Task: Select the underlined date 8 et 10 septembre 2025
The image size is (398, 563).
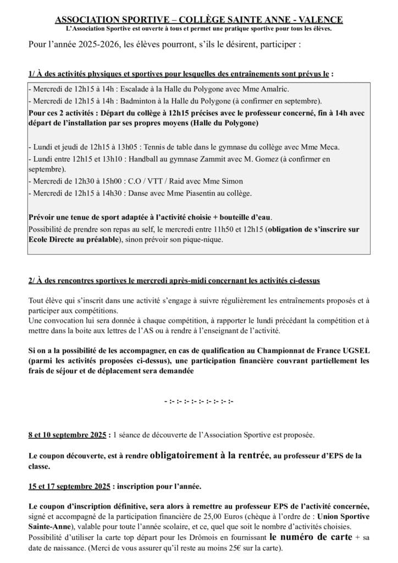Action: click(x=68, y=435)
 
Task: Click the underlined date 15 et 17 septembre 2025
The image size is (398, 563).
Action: click(x=70, y=486)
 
